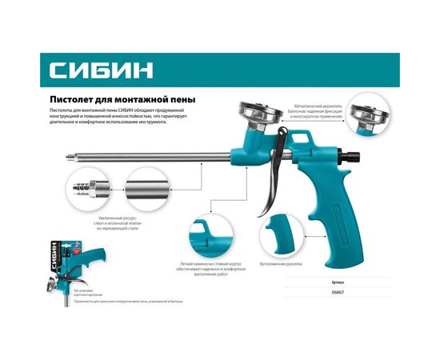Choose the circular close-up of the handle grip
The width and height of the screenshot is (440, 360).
286,230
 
